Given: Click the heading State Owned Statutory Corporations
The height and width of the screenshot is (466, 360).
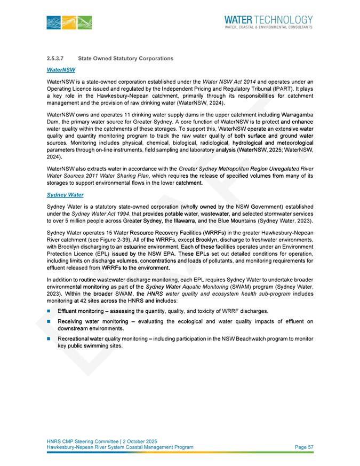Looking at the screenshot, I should point(125,58).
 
